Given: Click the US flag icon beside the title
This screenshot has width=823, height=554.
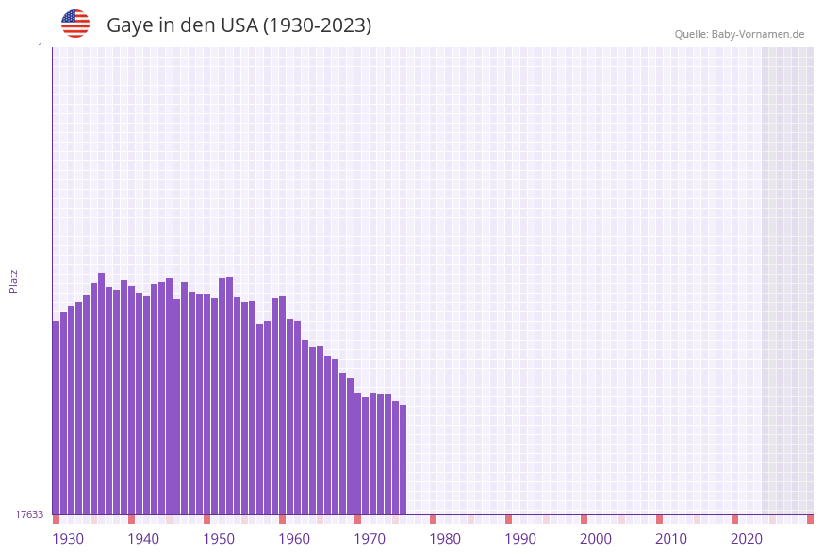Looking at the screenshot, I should tap(75, 24).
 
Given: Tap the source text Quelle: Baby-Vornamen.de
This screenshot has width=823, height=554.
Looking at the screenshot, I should tap(739, 34).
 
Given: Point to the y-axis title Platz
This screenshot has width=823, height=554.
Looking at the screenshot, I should tap(14, 280).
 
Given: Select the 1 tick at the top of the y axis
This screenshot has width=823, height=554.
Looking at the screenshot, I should tap(40, 47).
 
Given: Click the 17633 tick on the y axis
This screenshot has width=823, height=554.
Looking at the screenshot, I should tap(29, 514).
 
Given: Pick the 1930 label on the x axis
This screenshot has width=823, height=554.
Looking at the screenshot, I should tap(68, 539).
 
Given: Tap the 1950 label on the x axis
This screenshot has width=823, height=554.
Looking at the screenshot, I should tap(219, 539).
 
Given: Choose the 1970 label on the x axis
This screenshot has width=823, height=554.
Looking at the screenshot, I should tap(370, 539).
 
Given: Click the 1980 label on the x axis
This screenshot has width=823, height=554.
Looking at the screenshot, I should tap(445, 539).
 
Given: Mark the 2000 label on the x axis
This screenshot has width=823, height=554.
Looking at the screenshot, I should tap(596, 539).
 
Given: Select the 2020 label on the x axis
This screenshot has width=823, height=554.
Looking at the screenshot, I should tap(747, 539).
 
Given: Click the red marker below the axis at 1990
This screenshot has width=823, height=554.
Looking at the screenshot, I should tap(508, 519).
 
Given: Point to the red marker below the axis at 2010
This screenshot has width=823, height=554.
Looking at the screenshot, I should tap(659, 519).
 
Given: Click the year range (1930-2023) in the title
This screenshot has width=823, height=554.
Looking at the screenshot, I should tap(317, 25).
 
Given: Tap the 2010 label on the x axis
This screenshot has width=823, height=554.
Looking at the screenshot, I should tap(671, 539).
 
